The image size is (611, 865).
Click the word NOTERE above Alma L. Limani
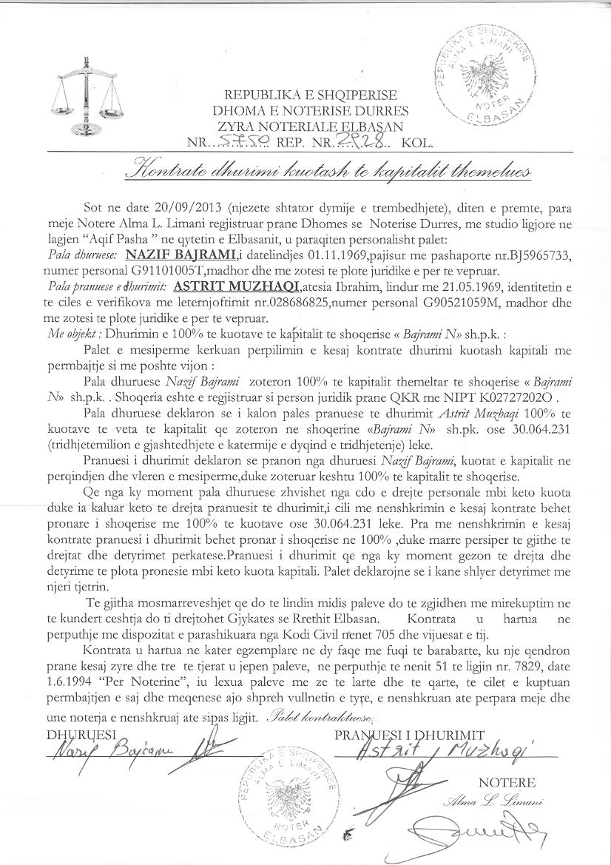pos(506,783)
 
